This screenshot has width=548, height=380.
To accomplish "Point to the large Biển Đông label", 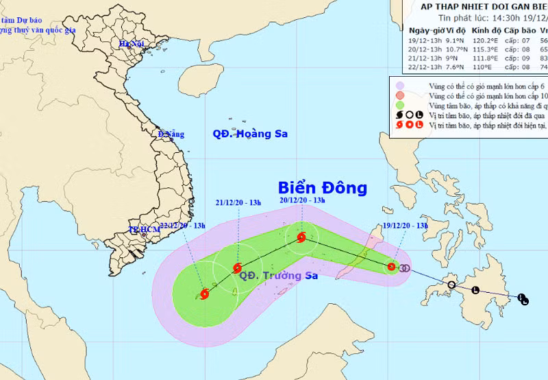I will pyautogui.click(x=323, y=188).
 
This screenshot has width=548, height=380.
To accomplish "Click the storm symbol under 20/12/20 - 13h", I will pyautogui.click(x=301, y=238).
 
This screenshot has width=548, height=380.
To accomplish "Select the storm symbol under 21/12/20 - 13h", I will pyautogui.click(x=237, y=268).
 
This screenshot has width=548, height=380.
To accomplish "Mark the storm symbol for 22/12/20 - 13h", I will pyautogui.click(x=203, y=294).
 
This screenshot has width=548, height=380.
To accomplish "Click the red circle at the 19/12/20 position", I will pyautogui.click(x=391, y=267).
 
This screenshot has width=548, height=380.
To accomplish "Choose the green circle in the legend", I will pyautogui.click(x=400, y=105).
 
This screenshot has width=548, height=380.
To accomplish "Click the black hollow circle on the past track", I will pyautogui.click(x=451, y=285).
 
